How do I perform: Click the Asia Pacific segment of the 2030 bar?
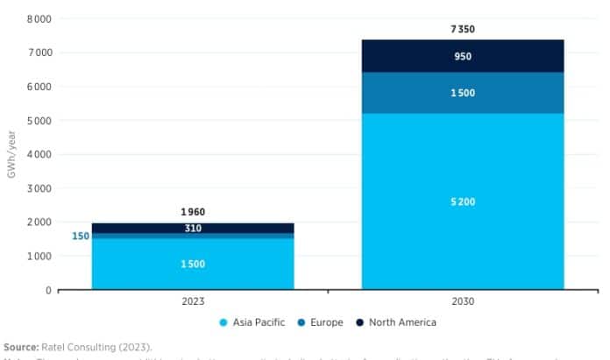(x=463, y=228)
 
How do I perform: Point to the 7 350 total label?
(x=463, y=29)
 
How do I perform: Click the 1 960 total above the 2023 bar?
(x=193, y=212)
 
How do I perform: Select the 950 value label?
(x=463, y=56)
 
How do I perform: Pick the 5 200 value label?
(x=463, y=201)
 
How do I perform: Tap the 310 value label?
(x=193, y=229)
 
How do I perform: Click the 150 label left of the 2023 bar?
(x=81, y=236)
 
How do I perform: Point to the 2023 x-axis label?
(x=193, y=300)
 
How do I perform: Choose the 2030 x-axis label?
(x=463, y=300)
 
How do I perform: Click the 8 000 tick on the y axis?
(x=39, y=19)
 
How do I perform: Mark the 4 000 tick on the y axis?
(x=39, y=154)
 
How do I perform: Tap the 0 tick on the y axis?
(x=48, y=290)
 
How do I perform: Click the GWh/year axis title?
(x=11, y=154)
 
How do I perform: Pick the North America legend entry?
(x=397, y=322)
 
